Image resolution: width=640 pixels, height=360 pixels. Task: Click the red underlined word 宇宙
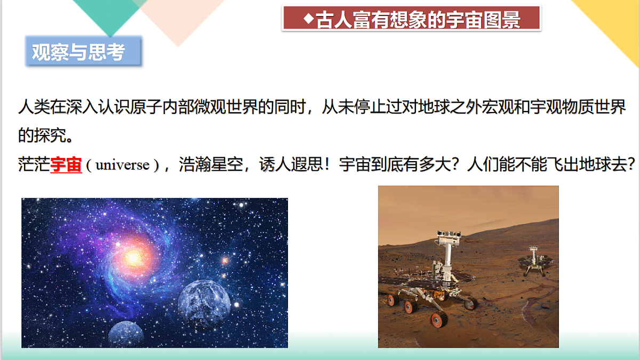[66, 165]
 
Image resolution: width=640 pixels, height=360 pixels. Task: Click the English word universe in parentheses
[123, 165]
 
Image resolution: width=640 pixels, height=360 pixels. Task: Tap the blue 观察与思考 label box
[83, 52]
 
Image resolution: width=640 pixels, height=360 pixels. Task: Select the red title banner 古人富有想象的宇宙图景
[411, 19]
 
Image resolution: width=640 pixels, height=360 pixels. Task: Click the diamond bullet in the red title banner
[308, 19]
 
